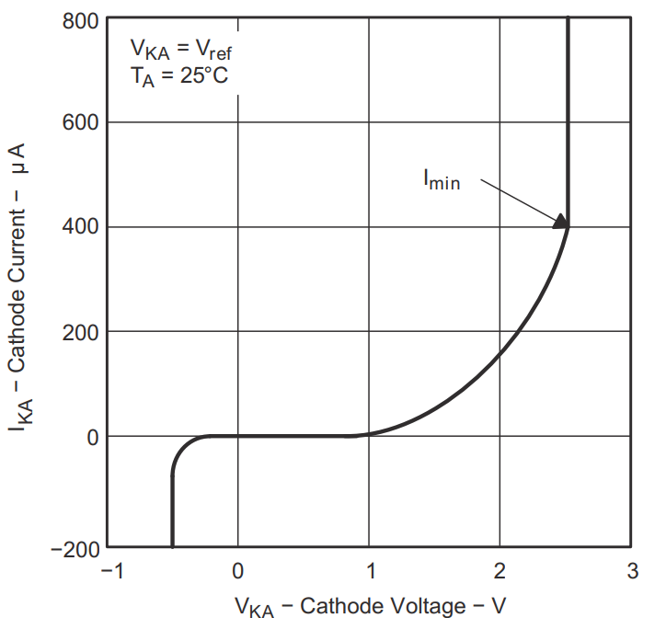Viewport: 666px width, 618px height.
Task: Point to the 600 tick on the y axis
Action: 81,123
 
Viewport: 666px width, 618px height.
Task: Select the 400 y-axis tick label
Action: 81,227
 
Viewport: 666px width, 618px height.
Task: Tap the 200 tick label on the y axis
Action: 81,332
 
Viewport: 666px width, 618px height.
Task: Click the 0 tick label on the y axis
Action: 92,437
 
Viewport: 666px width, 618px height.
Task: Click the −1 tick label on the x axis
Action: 111,571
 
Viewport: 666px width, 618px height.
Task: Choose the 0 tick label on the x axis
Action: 238,571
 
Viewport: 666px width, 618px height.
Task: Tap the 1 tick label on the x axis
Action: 370,571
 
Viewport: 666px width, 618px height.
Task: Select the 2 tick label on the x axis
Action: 500,571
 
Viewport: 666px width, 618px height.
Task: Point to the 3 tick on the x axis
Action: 632,571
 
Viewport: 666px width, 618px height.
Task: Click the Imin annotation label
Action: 441,181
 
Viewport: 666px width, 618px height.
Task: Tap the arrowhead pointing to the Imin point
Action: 560,221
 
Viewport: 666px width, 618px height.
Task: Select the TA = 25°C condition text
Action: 179,75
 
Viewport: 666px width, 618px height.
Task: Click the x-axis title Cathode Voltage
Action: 371,604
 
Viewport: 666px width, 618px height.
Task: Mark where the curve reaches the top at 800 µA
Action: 568,17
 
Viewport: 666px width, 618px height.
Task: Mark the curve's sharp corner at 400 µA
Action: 568,226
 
